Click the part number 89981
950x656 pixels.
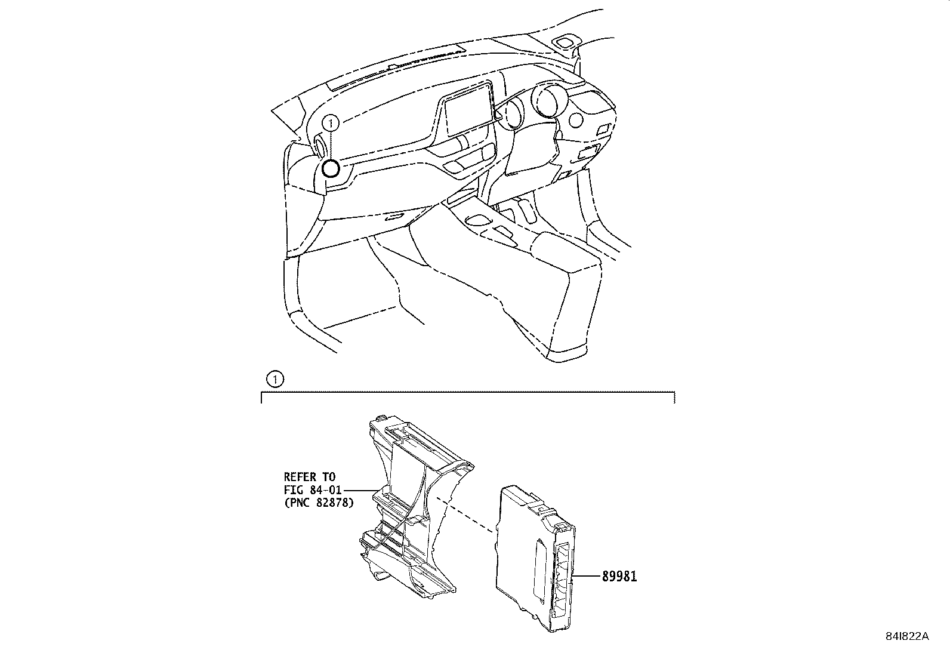click(x=619, y=577)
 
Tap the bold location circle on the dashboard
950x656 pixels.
click(x=331, y=169)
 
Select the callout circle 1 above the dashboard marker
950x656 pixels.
click(x=331, y=124)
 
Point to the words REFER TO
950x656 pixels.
click(x=309, y=477)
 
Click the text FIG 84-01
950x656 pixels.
click(x=313, y=490)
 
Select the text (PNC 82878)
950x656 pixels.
click(x=318, y=503)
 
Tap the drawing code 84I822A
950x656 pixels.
click(x=906, y=636)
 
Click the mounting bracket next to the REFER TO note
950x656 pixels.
click(x=412, y=507)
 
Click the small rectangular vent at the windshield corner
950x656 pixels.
click(x=564, y=42)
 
